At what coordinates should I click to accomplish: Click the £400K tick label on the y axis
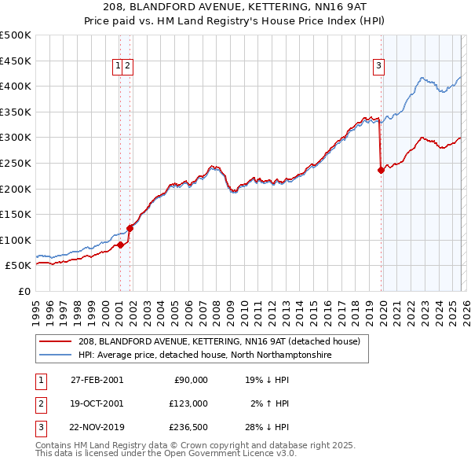tap(16, 86)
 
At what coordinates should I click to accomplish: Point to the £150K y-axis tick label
tap(16, 214)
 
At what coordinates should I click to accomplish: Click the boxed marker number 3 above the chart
tap(378, 67)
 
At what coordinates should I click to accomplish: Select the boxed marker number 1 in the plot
tap(119, 67)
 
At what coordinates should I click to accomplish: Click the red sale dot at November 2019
tap(381, 169)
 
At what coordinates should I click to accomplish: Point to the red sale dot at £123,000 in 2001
tap(130, 228)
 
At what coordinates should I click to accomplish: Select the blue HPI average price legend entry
tap(205, 355)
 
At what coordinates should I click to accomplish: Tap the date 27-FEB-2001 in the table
tap(97, 379)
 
